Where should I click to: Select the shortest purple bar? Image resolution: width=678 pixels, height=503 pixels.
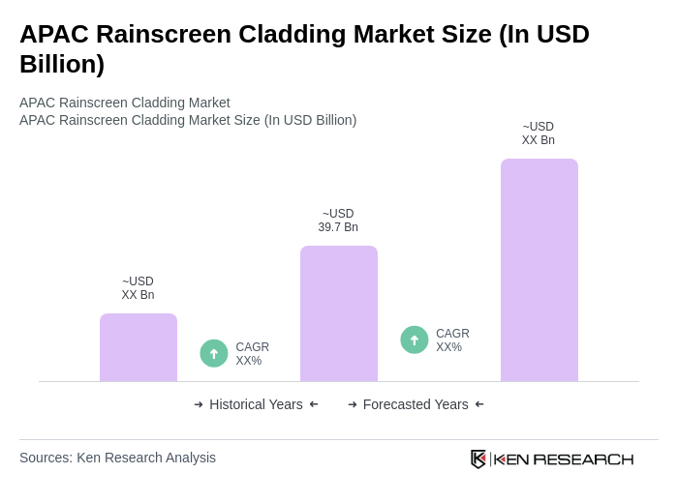(139, 347)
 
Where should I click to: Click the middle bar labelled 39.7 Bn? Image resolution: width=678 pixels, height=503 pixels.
(339, 313)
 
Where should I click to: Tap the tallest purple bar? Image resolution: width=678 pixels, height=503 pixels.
(539, 270)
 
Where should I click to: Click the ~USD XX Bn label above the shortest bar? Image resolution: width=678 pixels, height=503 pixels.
(138, 288)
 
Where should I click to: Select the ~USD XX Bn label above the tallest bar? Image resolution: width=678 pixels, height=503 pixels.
(539, 133)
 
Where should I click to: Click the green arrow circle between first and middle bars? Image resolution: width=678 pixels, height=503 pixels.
(214, 353)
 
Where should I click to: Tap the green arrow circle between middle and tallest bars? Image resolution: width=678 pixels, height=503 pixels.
(415, 340)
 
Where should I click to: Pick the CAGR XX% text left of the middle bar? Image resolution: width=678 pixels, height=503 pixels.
(252, 354)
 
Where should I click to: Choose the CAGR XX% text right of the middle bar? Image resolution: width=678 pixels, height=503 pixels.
(452, 340)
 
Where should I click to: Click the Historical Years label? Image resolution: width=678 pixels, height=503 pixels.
(256, 404)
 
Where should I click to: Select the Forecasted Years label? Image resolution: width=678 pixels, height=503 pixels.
(416, 404)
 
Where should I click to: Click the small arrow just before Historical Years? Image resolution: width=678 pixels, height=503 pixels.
(199, 404)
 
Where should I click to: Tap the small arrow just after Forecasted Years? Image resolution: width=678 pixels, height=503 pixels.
(479, 404)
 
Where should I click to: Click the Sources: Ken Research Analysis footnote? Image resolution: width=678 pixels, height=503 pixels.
(117, 458)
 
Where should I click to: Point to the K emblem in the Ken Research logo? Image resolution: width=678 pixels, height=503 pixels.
(478, 459)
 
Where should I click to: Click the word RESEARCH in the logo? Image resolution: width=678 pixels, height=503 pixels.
(583, 459)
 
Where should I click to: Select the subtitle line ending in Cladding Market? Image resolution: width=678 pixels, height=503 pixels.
(125, 103)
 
